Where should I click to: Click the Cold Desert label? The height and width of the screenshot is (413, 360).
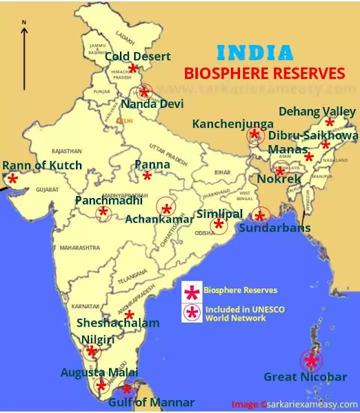pyautogui.click(x=138, y=57)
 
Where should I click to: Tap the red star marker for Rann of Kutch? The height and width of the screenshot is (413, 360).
pyautogui.click(x=12, y=177)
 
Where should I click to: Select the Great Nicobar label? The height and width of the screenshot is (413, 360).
pyautogui.click(x=305, y=377)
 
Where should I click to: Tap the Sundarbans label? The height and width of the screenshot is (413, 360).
pyautogui.click(x=275, y=228)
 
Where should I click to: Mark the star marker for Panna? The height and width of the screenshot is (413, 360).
pyautogui.click(x=147, y=176)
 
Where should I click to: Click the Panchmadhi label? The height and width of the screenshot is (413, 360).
pyautogui.click(x=108, y=201)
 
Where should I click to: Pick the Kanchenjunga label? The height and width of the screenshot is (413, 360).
pyautogui.click(x=233, y=123)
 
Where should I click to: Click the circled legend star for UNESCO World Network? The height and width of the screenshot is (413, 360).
pyautogui.click(x=192, y=312)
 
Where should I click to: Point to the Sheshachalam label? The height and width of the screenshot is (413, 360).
pyautogui.click(x=118, y=323)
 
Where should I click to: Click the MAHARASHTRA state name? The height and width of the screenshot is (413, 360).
pyautogui.click(x=79, y=247)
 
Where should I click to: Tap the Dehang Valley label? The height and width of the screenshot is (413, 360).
pyautogui.click(x=316, y=112)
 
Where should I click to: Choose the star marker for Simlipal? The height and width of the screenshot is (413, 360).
pyautogui.click(x=219, y=225)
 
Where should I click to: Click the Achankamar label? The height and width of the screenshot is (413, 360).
pyautogui.click(x=159, y=219)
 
